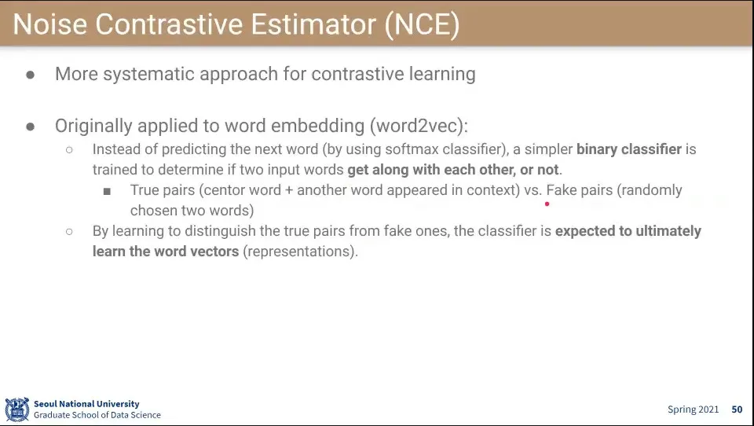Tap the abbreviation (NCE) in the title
click(x=423, y=24)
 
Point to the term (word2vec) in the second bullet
click(x=419, y=126)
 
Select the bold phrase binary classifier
click(x=629, y=149)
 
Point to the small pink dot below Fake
click(x=547, y=204)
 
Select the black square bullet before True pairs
click(x=107, y=191)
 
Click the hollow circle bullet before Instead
click(x=69, y=149)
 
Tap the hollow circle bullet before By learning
click(x=69, y=232)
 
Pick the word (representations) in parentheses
click(x=301, y=252)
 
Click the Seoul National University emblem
click(x=16, y=409)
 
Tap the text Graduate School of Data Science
click(x=97, y=415)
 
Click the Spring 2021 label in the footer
click(x=693, y=409)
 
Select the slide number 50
click(x=738, y=409)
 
